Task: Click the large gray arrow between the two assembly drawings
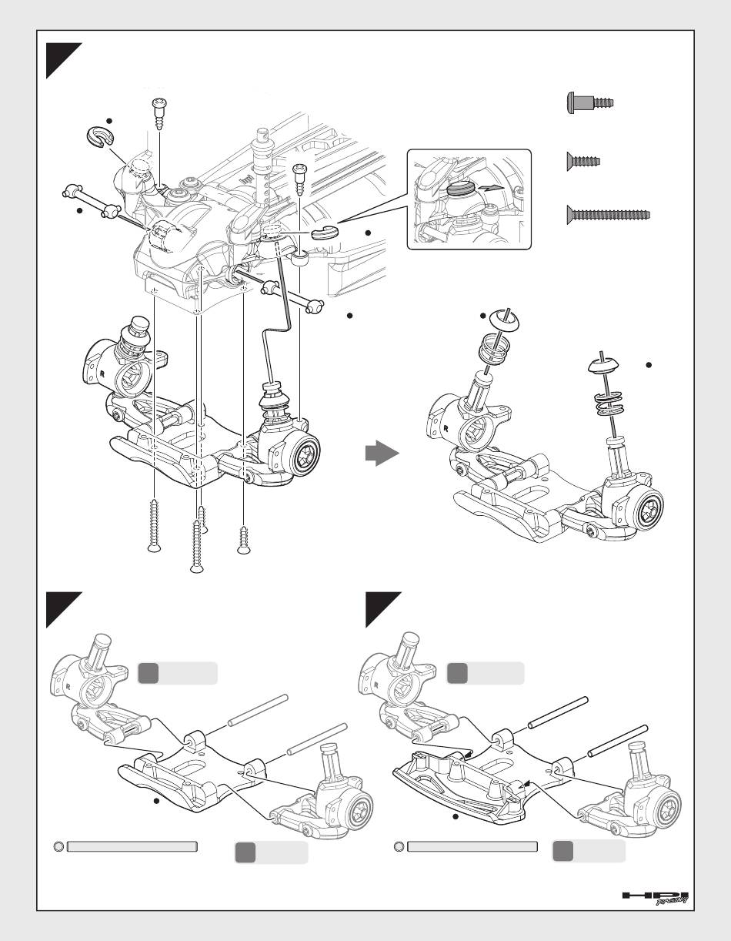(382, 454)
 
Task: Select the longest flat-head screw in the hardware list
(609, 215)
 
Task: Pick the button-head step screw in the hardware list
(590, 103)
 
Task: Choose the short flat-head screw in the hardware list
(583, 162)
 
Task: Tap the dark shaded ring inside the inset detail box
(461, 189)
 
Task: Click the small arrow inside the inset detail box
(493, 186)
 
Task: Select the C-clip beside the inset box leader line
(325, 232)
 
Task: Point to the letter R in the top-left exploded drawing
(102, 373)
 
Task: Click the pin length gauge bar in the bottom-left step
(132, 846)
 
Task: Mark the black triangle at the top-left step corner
(64, 61)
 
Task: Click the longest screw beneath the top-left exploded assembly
(197, 547)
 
